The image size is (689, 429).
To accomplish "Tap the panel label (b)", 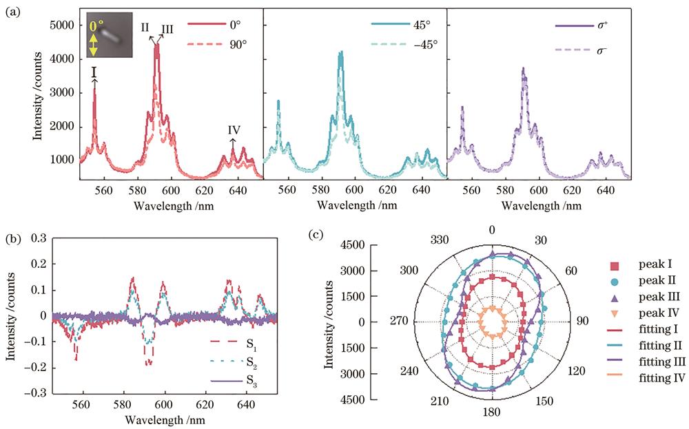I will coord(12,240).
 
